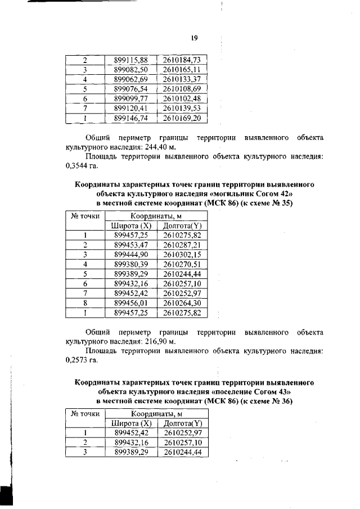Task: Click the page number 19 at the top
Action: coord(193,38)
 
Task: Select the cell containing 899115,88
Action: coord(130,60)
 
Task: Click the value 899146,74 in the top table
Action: coord(130,119)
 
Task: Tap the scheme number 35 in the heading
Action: coord(287,203)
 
